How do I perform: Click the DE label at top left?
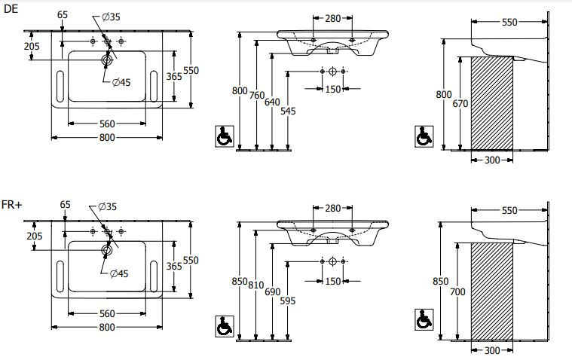11,9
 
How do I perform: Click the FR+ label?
11,205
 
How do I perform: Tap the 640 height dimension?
272,102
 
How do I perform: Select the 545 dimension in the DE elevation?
288,111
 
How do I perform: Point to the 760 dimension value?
257,95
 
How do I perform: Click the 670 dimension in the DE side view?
460,104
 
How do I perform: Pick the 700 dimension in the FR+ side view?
457,291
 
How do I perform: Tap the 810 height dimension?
256,285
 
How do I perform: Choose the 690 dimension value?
273,291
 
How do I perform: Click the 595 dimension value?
287,301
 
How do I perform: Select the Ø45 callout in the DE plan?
121,82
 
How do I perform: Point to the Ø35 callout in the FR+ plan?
107,207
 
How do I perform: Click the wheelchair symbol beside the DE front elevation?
225,136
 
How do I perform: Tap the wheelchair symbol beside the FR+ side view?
424,319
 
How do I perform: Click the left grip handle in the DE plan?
60,86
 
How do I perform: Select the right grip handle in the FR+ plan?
154,276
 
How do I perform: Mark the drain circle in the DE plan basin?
107,59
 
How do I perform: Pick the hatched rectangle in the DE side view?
492,103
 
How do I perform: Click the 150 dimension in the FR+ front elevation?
332,281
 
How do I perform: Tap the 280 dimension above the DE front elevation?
332,18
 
